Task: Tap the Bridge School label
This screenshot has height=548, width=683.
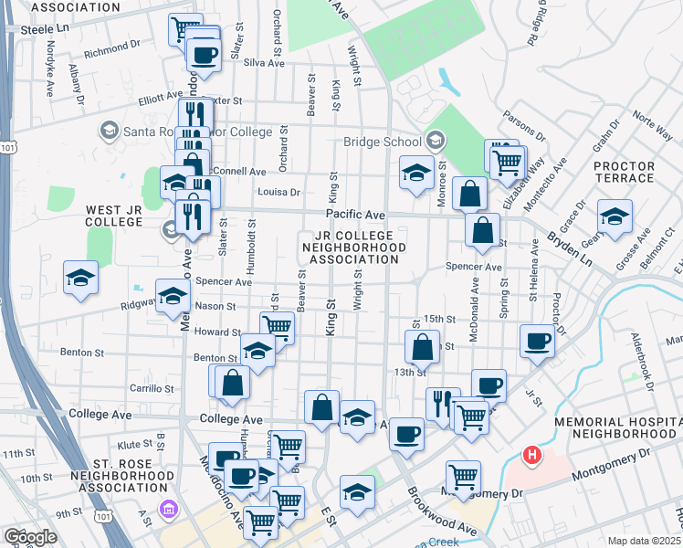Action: pos(382,142)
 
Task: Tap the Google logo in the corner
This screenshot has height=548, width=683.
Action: pos(29,537)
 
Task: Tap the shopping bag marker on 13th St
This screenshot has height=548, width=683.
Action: pos(423,347)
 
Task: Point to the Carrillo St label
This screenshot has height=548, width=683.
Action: pos(150,388)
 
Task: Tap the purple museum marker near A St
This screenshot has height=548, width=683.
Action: pos(167,509)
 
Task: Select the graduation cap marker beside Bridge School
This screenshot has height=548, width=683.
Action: pos(416,173)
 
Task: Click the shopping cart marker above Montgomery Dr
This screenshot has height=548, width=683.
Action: pos(463,477)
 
